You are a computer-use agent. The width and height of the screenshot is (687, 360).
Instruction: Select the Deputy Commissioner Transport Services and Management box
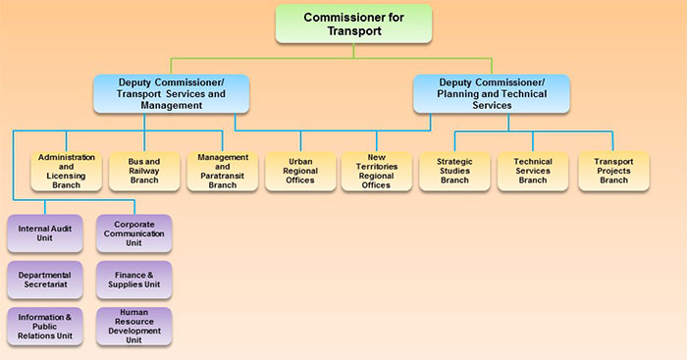point(172,93)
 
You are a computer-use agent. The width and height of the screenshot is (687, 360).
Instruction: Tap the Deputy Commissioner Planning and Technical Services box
point(492,93)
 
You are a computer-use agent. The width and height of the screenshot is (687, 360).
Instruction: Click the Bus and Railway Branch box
point(145,171)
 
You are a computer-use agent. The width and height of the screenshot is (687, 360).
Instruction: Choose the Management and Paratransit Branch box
point(223,171)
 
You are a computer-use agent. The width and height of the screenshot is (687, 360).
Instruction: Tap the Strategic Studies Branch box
point(454,171)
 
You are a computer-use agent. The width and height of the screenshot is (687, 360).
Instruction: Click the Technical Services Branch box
point(533,171)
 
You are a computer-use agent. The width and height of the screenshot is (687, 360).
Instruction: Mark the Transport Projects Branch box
point(613,171)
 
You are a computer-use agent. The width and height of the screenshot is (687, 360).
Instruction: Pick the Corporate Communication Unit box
point(134,233)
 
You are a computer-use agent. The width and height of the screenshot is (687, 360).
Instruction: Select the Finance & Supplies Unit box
point(134,280)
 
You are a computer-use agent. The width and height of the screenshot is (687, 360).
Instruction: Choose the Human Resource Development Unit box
point(134,326)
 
